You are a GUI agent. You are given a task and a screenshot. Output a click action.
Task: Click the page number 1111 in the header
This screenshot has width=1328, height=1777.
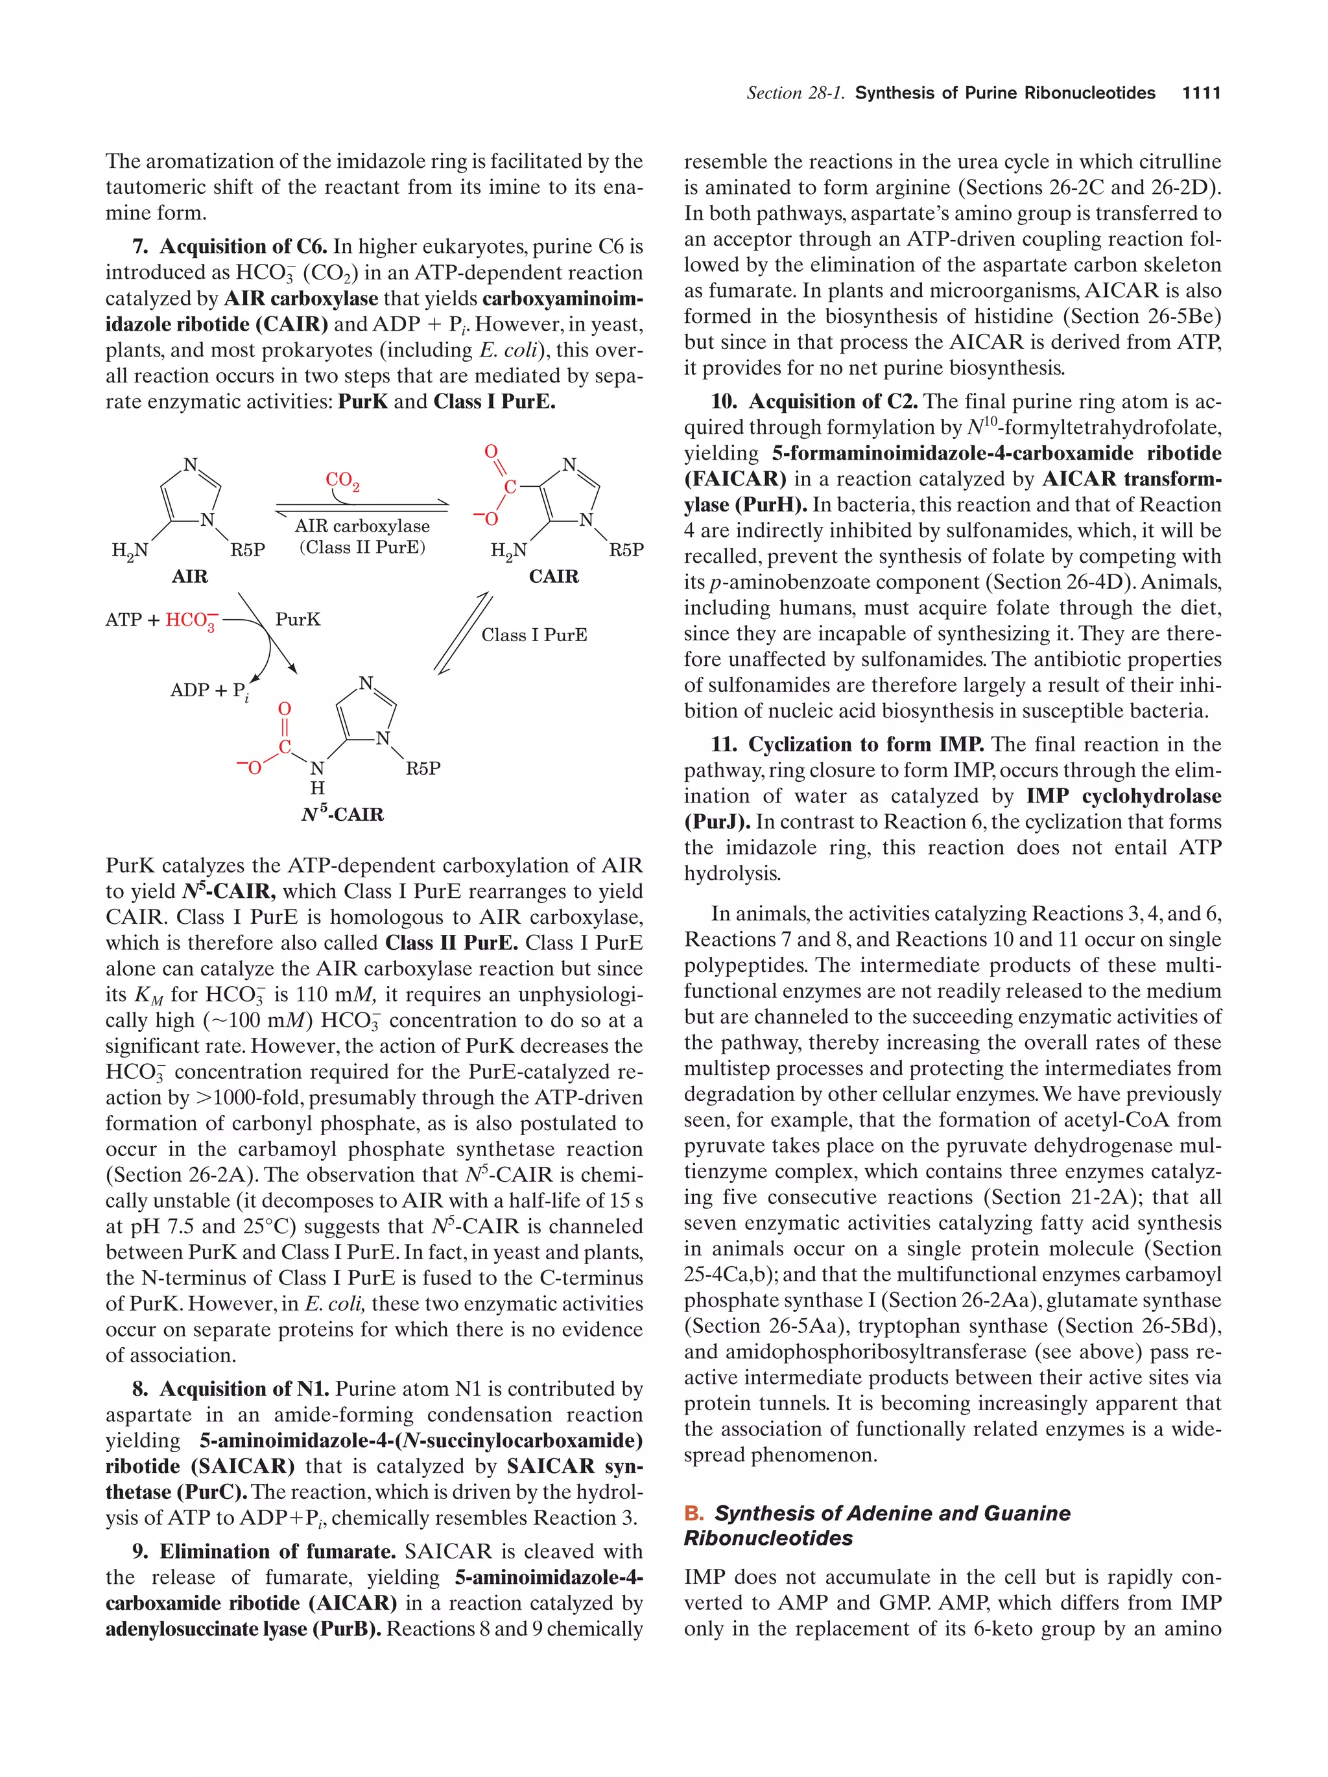1200,93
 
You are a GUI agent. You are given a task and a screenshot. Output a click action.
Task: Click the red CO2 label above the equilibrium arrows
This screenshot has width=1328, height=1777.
342,480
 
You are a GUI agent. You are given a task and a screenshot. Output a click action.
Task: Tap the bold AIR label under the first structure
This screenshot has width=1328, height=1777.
189,576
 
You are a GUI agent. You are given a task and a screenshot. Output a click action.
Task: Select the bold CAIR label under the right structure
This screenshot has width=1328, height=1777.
554,576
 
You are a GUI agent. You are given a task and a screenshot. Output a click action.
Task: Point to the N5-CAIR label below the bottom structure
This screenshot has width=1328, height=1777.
342,814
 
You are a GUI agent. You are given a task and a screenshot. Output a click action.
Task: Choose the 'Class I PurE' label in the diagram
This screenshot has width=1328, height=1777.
534,635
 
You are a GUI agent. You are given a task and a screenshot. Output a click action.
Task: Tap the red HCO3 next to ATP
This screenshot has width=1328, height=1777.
191,620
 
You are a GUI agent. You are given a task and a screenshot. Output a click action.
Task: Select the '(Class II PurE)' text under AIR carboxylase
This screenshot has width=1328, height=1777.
362,547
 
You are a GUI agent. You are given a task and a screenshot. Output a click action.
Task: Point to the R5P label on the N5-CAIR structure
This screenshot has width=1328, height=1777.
423,768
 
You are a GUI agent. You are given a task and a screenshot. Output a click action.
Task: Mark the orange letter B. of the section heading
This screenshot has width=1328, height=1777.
693,1512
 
